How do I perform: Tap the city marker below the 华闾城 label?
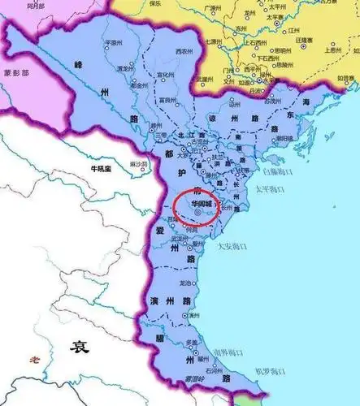[199, 212]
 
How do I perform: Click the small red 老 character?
[33, 359]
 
